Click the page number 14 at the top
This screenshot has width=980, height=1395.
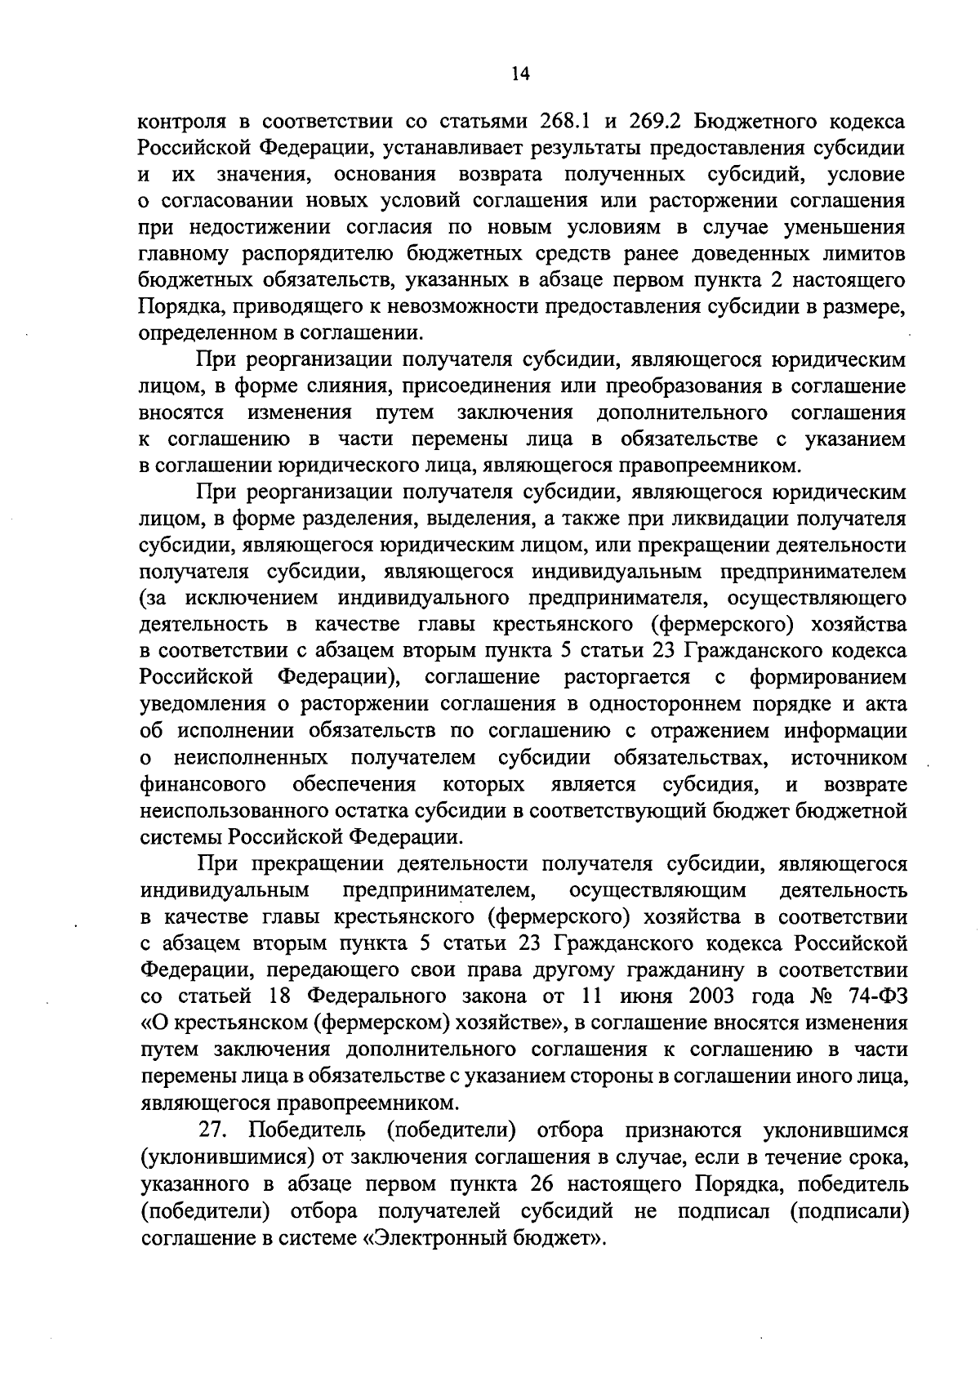click(520, 74)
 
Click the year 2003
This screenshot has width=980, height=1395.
click(722, 997)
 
